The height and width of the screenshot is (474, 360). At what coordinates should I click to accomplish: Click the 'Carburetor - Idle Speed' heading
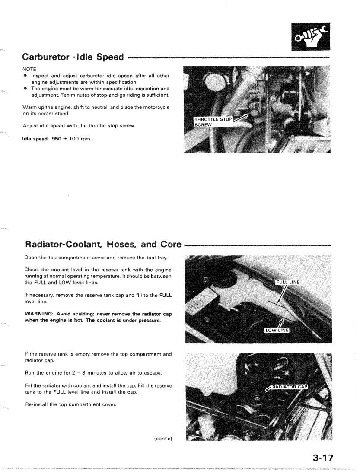pos(73,57)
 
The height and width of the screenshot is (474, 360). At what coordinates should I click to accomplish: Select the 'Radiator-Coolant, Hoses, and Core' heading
pos(103,244)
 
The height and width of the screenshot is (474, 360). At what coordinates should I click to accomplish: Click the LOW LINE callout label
pos(277,331)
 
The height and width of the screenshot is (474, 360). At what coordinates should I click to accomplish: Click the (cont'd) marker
pos(163,439)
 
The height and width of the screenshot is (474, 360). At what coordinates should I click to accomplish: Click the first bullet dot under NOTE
pos(26,76)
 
